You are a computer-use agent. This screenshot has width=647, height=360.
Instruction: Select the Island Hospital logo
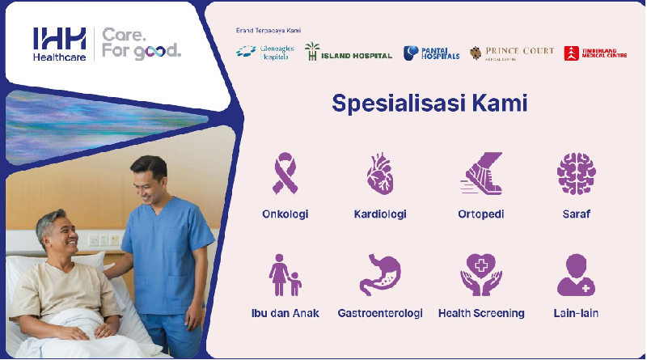click(348, 53)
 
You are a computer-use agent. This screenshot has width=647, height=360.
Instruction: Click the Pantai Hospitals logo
click(431, 53)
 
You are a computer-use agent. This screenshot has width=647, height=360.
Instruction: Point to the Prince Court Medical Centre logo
click(512, 53)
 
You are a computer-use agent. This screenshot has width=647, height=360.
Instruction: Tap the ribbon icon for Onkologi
click(285, 173)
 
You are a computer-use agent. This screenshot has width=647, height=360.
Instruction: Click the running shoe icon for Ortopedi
click(481, 173)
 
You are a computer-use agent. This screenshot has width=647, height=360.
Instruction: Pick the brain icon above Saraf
click(576, 173)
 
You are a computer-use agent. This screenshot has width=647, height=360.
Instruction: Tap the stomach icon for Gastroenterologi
click(379, 275)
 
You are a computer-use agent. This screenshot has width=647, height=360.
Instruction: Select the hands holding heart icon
click(481, 275)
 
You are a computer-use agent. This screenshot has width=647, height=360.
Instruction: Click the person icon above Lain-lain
click(577, 275)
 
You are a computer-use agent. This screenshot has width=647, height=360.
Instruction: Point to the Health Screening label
click(481, 313)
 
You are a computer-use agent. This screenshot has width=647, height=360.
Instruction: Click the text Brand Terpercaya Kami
click(268, 30)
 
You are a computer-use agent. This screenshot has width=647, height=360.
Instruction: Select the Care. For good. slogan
click(142, 44)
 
